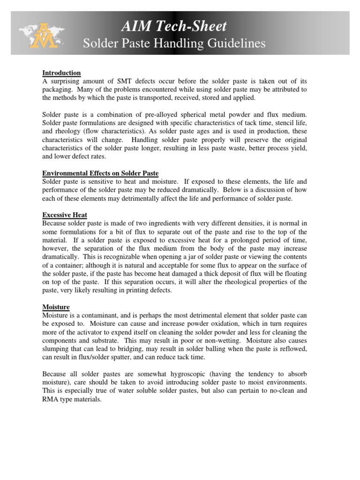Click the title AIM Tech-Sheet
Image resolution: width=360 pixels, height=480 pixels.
(x=174, y=26)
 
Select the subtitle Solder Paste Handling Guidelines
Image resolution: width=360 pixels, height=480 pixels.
(x=174, y=44)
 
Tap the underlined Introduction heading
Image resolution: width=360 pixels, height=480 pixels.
(x=61, y=73)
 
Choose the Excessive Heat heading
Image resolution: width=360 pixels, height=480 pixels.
(x=65, y=215)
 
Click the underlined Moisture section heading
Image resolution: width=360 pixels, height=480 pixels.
(x=56, y=307)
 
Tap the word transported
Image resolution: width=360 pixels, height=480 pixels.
(x=189, y=97)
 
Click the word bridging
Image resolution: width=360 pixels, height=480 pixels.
(x=139, y=349)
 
